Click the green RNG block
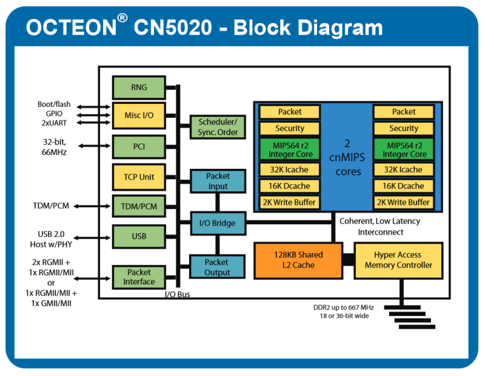139,87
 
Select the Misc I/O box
139,115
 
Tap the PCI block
139,146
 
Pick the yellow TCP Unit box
139,177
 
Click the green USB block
139,236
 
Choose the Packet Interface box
139,277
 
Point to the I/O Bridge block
218,224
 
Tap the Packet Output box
217,267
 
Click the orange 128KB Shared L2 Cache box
298,260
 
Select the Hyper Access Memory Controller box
398,260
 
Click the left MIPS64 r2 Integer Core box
290,149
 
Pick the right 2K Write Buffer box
403,202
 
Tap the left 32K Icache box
290,169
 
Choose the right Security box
403,128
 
